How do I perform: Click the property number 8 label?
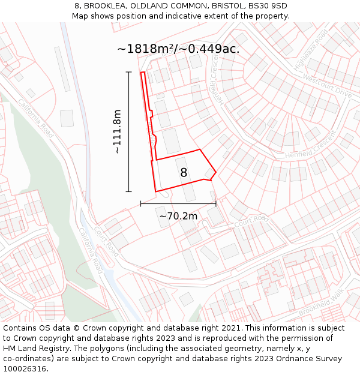click(184, 173)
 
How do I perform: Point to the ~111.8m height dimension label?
click(117, 131)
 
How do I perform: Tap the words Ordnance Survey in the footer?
click(312, 359)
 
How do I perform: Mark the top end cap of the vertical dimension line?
click(128, 72)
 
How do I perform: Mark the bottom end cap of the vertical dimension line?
click(128, 192)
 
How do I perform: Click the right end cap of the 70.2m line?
click(216, 204)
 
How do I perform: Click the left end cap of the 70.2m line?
click(140, 204)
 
